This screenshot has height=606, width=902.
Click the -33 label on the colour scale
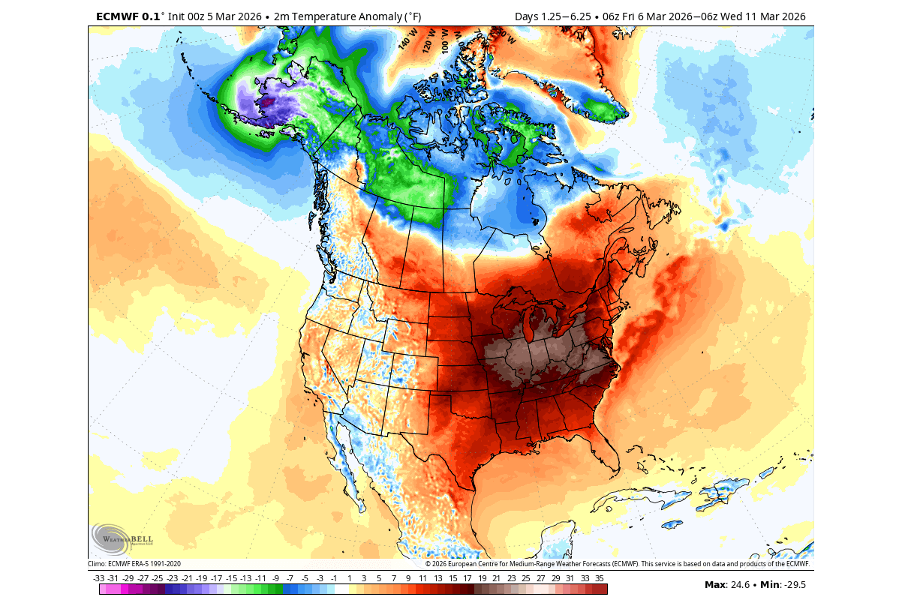[98, 578]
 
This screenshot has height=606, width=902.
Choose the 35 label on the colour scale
[599, 578]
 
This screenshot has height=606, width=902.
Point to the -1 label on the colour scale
[334, 578]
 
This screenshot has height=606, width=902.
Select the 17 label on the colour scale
[467, 578]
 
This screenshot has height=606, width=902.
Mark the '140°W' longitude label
[405, 40]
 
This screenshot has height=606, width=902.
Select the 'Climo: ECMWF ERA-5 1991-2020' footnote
[134, 564]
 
